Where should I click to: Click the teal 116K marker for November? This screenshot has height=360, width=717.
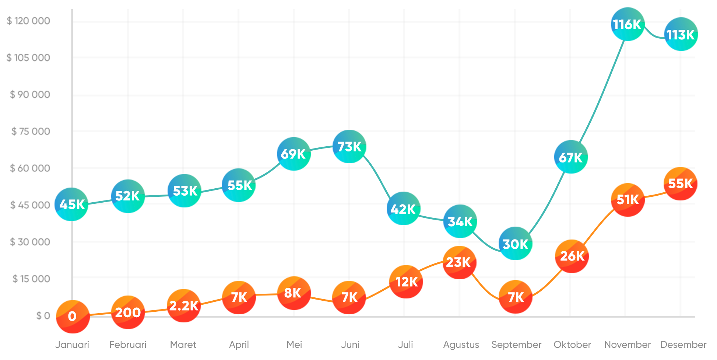pos(628,24)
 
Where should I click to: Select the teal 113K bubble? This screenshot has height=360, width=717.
pos(681,34)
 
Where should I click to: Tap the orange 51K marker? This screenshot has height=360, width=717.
pos(628,200)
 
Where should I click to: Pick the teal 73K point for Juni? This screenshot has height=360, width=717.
pos(349,146)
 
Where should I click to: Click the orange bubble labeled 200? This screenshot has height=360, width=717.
pos(128,312)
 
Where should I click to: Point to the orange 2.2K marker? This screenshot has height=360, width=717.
pos(183,305)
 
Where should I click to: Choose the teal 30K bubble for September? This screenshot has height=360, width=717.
pos(515,243)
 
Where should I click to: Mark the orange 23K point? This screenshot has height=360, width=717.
pos(459,262)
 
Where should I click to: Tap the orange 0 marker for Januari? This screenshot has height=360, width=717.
pos(73,316)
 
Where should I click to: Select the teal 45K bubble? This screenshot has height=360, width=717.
pos(71,204)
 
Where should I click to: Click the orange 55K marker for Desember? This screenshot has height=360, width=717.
pos(680,184)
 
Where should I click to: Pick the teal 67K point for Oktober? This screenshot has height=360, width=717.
pos(571,157)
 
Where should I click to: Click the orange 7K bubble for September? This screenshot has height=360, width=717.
pos(515,297)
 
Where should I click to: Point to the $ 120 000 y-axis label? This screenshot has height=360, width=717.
pos(28,21)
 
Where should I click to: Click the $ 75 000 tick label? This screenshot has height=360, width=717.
pos(31,131)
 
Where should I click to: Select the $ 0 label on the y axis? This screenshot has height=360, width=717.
pos(43,315)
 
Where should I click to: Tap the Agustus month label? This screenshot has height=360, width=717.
pos(461,345)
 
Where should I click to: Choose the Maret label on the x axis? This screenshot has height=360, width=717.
pos(183,345)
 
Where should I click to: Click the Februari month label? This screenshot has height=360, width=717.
pos(128,345)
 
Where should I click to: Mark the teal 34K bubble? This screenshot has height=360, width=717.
pos(460,221)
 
